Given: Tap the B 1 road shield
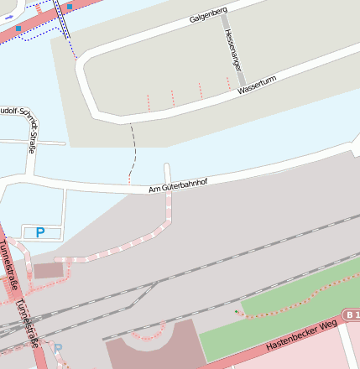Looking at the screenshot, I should [352, 314].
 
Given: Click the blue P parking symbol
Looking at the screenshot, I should [39, 233].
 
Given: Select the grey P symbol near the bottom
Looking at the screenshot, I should [58, 347].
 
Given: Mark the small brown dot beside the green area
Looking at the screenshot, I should [237, 312].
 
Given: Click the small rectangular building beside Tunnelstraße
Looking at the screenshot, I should [48, 271].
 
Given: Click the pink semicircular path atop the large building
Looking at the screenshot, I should [151, 330].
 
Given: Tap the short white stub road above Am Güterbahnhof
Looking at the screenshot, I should [167, 171].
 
